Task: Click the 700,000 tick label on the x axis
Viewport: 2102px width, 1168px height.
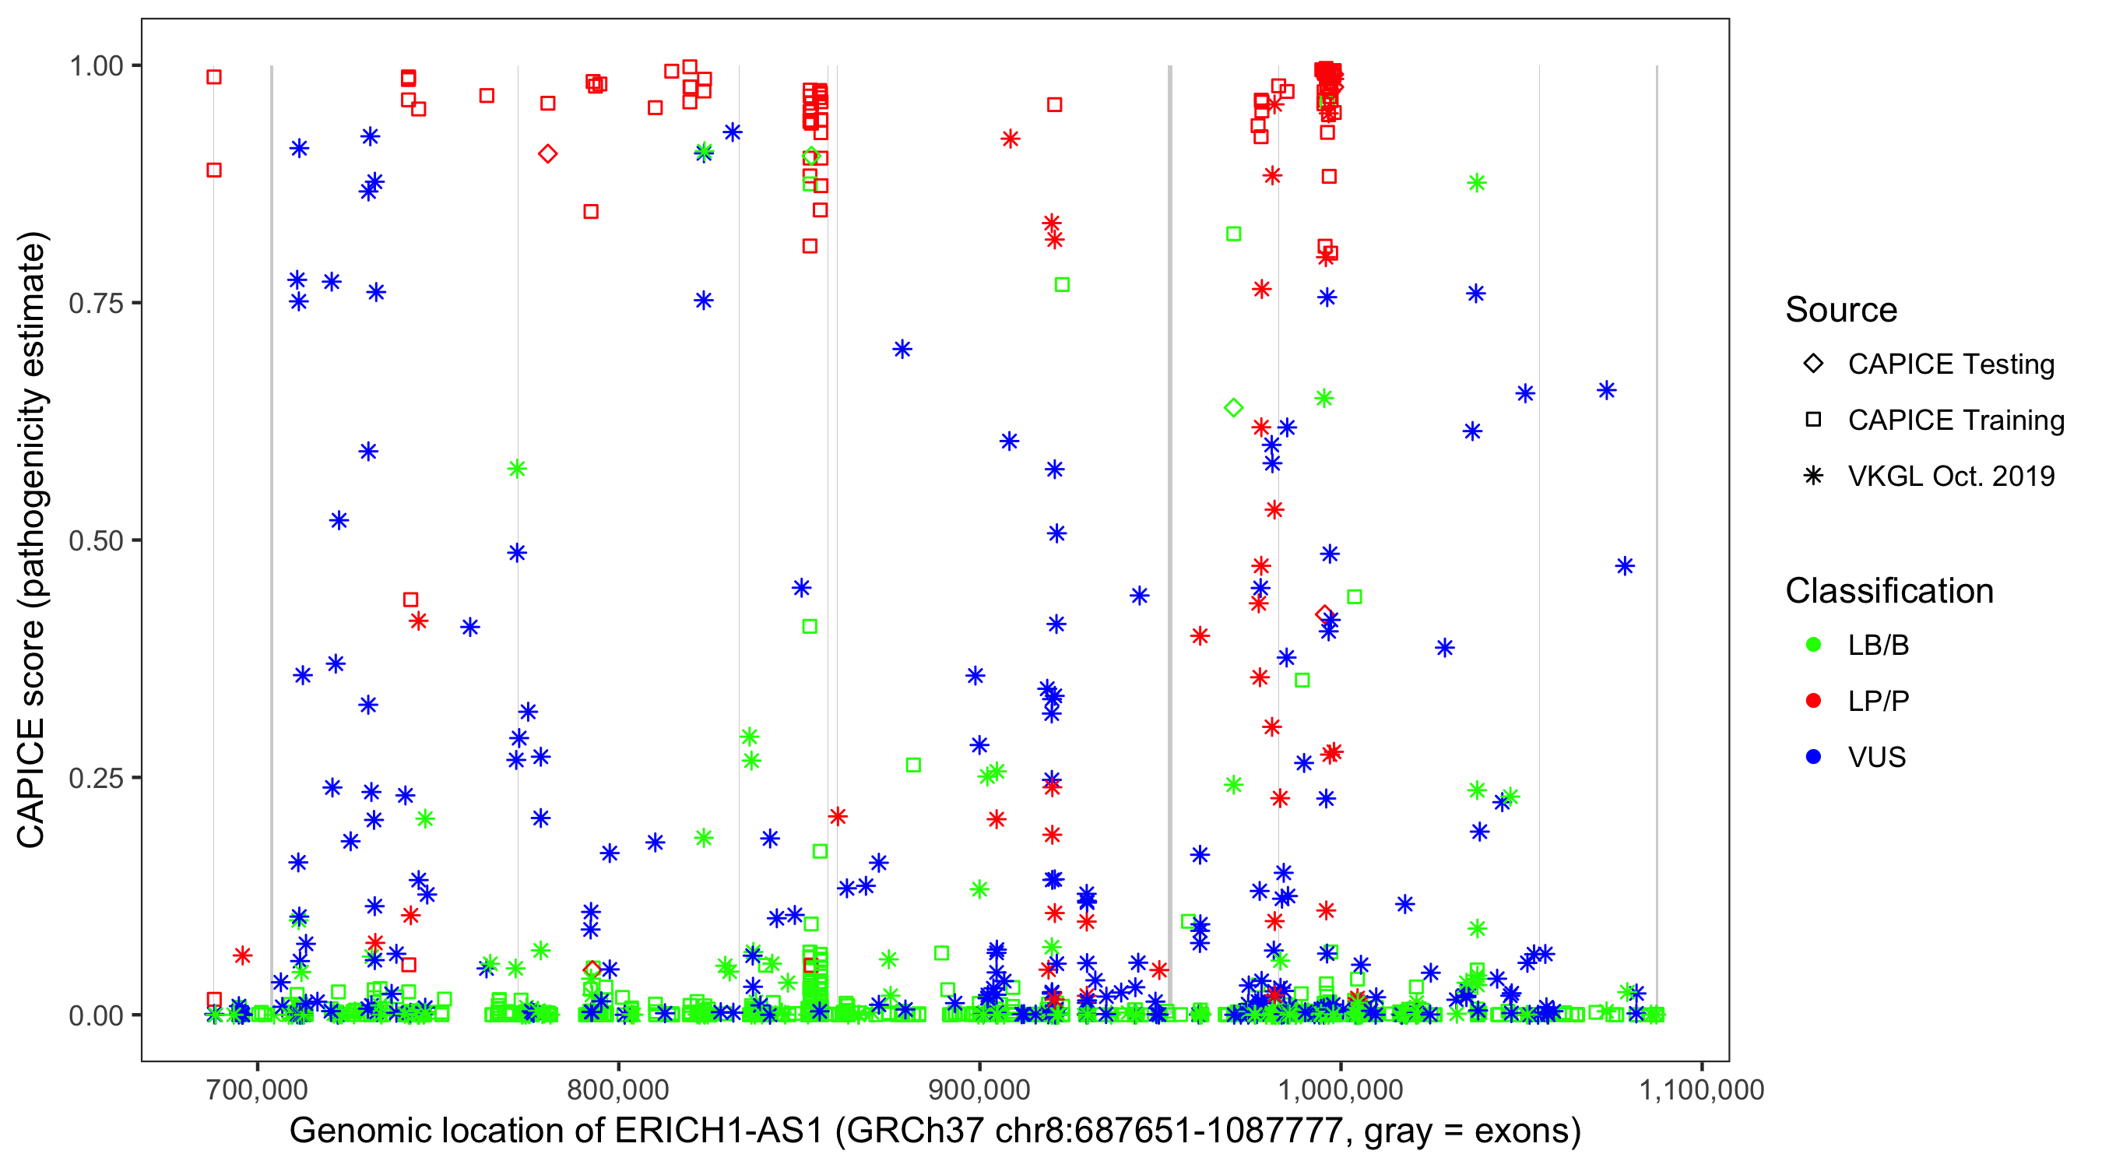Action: pyautogui.click(x=257, y=1089)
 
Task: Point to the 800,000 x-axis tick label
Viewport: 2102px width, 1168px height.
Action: pyautogui.click(x=617, y=1089)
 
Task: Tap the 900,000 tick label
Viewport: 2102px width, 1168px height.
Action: pyautogui.click(x=979, y=1089)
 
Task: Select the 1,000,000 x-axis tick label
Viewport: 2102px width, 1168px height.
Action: pyautogui.click(x=1340, y=1089)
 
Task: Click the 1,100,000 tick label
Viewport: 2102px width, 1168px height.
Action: pyautogui.click(x=1701, y=1089)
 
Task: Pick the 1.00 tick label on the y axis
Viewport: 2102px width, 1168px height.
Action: pyautogui.click(x=96, y=65)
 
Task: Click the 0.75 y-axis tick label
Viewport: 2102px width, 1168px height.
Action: pyautogui.click(x=96, y=303)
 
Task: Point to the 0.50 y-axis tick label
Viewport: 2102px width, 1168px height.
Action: pyautogui.click(x=96, y=540)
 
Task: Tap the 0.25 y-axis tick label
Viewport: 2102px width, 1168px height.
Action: pyautogui.click(x=96, y=777)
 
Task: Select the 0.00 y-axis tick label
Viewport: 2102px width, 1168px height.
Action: pyautogui.click(x=96, y=1015)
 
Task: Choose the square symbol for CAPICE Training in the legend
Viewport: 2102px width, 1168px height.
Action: pyautogui.click(x=1813, y=420)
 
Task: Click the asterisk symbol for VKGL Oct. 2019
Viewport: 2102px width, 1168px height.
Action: pyautogui.click(x=1813, y=476)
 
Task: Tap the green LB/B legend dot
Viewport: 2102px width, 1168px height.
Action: pyautogui.click(x=1813, y=645)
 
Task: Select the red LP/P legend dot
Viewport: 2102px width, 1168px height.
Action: pyautogui.click(x=1813, y=700)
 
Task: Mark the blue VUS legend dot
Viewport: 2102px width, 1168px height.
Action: pyautogui.click(x=1813, y=757)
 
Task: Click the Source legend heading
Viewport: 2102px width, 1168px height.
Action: pyautogui.click(x=1841, y=310)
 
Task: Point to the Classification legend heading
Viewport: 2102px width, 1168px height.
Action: pyautogui.click(x=1889, y=591)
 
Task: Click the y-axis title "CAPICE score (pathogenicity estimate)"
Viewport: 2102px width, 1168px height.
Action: pyautogui.click(x=33, y=540)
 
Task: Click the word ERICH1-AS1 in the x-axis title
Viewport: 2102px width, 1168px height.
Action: pyautogui.click(x=718, y=1131)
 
